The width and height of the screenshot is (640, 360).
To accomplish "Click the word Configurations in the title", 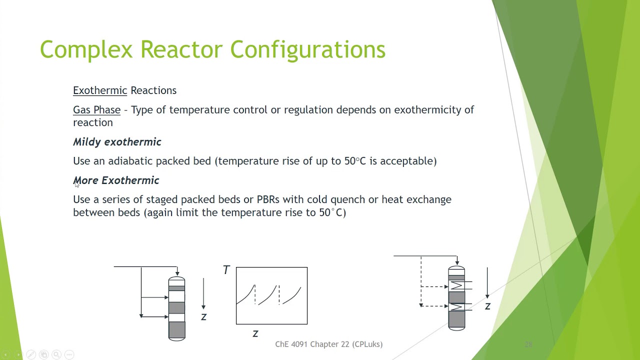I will click(x=307, y=50).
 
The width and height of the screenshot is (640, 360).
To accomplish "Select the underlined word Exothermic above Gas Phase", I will click(x=100, y=90).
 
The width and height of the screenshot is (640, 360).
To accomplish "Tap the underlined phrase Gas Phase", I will click(x=96, y=110).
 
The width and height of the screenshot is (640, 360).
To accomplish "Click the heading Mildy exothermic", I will click(x=117, y=142).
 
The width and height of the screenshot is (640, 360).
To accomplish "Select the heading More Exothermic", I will click(x=116, y=180).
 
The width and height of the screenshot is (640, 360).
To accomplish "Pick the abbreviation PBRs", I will click(x=268, y=199).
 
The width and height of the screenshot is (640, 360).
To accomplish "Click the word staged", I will click(x=162, y=200).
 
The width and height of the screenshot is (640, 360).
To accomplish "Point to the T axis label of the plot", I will click(x=226, y=270).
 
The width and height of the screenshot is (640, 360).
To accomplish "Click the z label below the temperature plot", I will click(x=255, y=333).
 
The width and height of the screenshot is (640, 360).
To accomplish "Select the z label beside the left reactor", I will click(x=203, y=317).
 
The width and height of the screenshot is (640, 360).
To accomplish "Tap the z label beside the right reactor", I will click(x=487, y=306).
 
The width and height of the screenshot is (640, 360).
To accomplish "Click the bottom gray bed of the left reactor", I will click(x=176, y=330).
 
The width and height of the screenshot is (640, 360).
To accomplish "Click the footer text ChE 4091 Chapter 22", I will click(x=328, y=344).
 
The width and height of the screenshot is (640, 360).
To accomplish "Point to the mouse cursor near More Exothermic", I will click(x=76, y=184).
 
